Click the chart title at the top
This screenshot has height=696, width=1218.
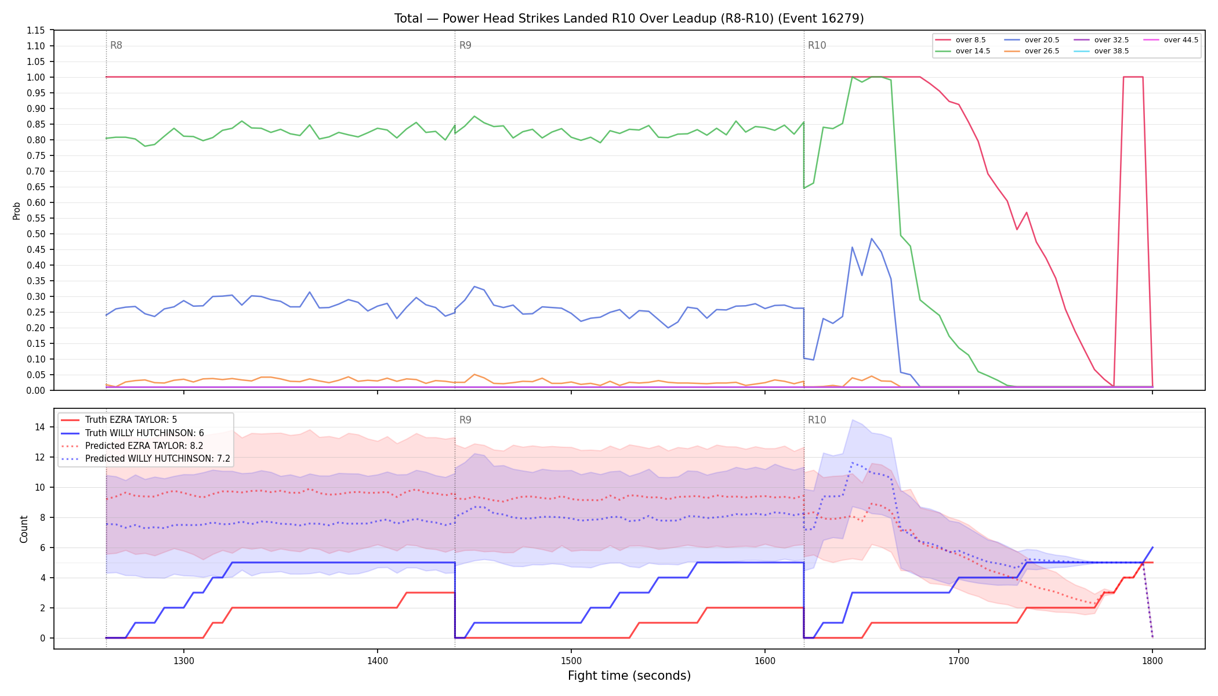point(629,19)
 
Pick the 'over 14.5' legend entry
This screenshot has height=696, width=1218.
point(963,51)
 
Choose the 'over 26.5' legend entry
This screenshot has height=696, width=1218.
point(1032,51)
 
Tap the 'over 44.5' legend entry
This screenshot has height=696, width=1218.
point(1171,40)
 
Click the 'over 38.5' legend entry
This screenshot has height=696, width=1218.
point(1101,51)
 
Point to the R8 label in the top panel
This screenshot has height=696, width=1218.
point(116,45)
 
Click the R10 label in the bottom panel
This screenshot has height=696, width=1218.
point(817,420)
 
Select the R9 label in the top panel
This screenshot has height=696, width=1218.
point(465,45)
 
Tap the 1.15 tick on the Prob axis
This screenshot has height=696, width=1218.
point(35,30)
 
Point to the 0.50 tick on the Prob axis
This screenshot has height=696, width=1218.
point(35,234)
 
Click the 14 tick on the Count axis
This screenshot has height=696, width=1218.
point(39,427)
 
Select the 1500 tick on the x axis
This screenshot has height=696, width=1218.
point(571,660)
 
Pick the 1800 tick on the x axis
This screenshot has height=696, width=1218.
point(1152,660)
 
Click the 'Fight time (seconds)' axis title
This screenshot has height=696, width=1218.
point(629,676)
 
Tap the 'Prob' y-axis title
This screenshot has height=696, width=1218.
point(16,211)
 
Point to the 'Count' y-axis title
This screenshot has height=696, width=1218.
point(24,529)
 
